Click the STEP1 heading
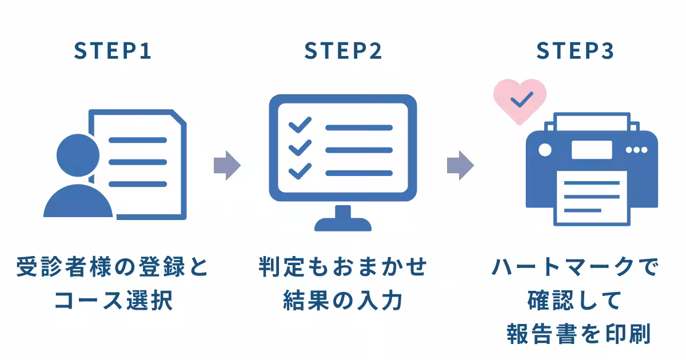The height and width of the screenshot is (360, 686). pyautogui.click(x=113, y=51)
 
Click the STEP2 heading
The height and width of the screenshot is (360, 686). pyautogui.click(x=343, y=51)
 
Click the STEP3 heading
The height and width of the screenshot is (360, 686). pyautogui.click(x=575, y=51)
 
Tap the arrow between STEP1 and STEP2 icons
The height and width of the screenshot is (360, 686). pyautogui.click(x=227, y=166)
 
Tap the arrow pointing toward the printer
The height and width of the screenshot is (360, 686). pyautogui.click(x=460, y=166)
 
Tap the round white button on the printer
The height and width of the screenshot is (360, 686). pyautogui.click(x=545, y=150)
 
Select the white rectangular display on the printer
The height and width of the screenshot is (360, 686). pyautogui.click(x=591, y=150)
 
